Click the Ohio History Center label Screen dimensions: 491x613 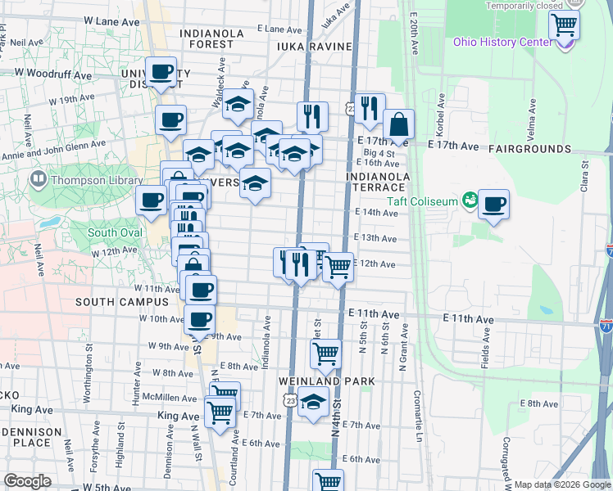503,43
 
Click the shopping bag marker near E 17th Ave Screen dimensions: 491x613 398,127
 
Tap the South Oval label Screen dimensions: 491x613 115,233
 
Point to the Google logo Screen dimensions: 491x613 26,482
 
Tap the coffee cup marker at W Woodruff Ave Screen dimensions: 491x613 161,72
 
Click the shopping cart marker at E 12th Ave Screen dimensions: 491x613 337,268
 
